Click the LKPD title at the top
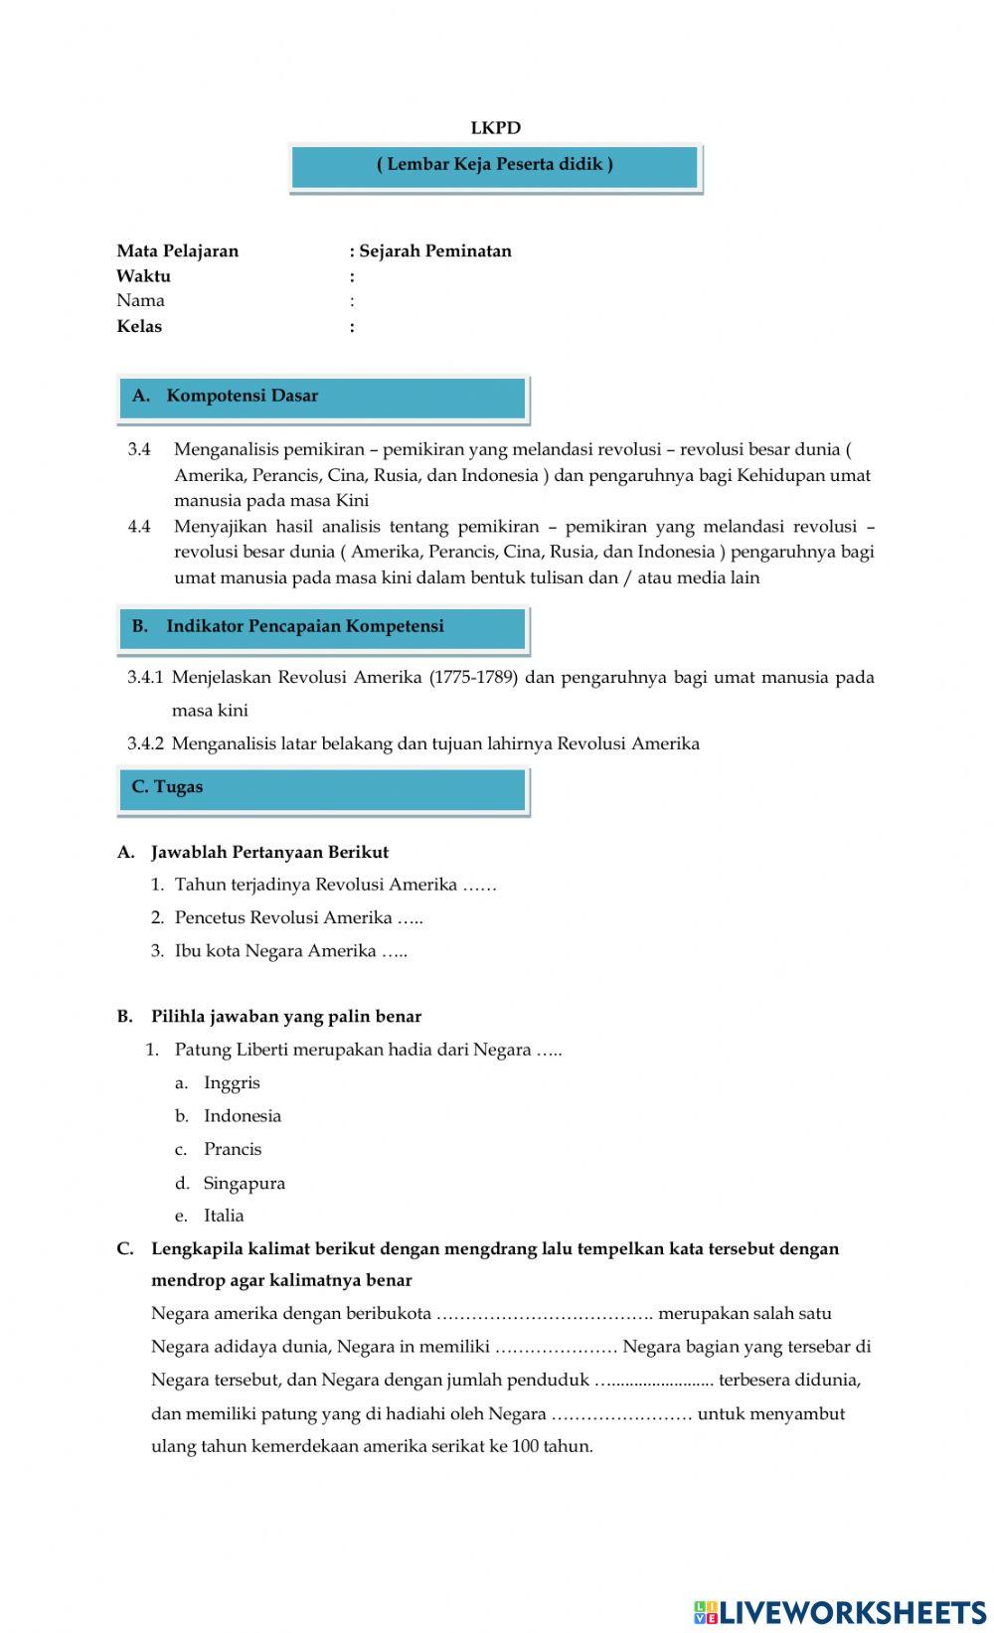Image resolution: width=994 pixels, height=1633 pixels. [495, 128]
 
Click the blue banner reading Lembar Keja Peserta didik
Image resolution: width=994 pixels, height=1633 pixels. [495, 166]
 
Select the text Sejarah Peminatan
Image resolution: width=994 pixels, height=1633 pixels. [434, 251]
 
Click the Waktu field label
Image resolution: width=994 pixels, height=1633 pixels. [143, 276]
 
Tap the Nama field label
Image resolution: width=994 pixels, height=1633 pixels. [140, 300]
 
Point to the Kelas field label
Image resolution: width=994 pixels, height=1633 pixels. [139, 326]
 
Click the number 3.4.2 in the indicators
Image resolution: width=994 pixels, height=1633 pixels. [145, 743]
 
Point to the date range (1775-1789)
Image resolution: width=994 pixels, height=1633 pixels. [473, 678]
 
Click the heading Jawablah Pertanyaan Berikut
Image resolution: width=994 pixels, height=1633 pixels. [269, 852]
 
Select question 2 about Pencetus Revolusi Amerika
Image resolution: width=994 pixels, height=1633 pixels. [298, 917]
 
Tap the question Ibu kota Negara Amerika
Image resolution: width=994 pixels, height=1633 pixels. [290, 951]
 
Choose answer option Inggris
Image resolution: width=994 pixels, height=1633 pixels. [232, 1083]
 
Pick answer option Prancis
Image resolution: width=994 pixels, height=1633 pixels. [233, 1149]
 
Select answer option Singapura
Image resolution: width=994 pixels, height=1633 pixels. [244, 1183]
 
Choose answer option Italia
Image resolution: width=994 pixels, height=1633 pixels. [224, 1216]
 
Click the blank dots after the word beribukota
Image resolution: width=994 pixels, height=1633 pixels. [544, 1314]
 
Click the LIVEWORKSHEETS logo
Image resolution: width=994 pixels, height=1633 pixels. [840, 1611]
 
